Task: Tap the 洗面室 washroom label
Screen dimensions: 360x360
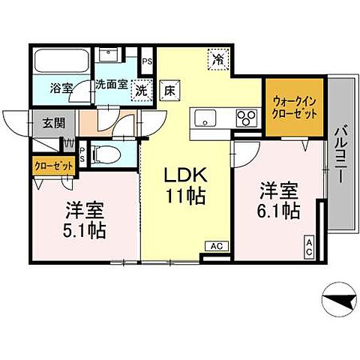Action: pyautogui.click(x=110, y=85)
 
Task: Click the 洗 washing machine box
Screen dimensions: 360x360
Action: pyautogui.click(x=142, y=91)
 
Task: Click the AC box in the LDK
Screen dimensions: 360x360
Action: pyautogui.click(x=216, y=246)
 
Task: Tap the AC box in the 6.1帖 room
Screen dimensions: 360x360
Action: pyautogui.click(x=308, y=247)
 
